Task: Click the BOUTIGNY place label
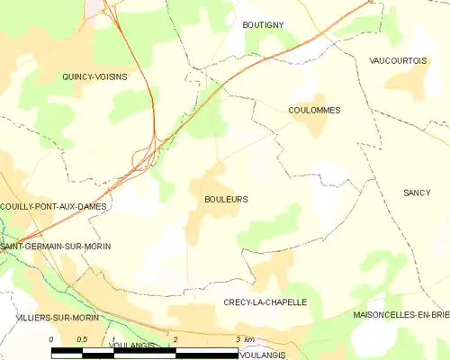coord(264,25)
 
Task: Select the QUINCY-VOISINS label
coord(94,77)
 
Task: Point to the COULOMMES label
coord(314,110)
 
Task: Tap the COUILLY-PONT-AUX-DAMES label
coord(53,206)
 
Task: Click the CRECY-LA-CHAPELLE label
coord(265,302)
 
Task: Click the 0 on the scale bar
coord(51,339)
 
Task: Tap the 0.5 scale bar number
coord(82,339)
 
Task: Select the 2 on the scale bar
coord(175,339)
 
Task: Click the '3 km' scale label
coord(244,339)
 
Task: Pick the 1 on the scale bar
coord(113,339)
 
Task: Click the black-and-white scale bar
coord(144,352)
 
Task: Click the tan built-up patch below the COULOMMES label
coord(314,126)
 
